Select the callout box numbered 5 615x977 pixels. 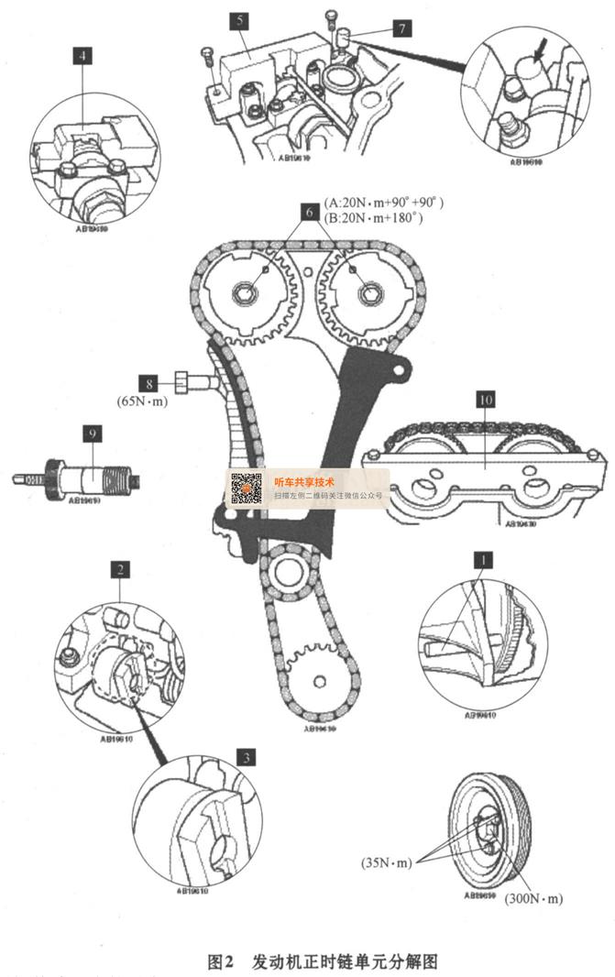click(x=237, y=17)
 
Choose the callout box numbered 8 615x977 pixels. click(x=148, y=381)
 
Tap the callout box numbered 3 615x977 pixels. click(x=245, y=757)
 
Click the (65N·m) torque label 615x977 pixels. click(x=142, y=400)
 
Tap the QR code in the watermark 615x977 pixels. click(x=246, y=488)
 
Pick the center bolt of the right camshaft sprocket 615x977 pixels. click(x=368, y=293)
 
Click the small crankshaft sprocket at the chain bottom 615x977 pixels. click(x=317, y=680)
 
